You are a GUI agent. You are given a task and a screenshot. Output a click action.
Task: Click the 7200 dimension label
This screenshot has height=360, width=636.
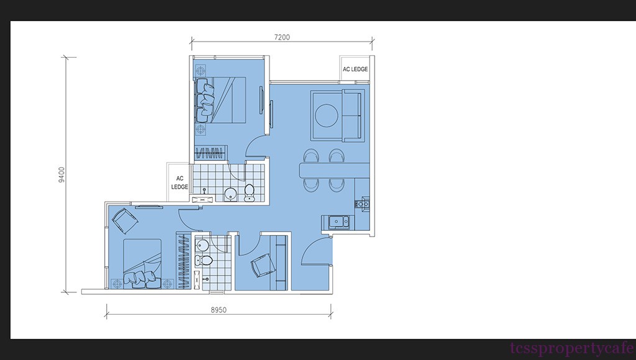tap(282, 37)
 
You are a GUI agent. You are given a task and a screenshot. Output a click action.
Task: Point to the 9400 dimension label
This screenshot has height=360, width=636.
tap(61, 175)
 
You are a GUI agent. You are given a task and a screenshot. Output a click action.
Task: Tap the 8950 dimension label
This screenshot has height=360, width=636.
tap(219, 310)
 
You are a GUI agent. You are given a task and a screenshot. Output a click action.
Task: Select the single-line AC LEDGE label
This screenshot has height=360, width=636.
tap(355, 70)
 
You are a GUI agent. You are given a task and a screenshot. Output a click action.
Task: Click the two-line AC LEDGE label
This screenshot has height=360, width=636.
tap(179, 182)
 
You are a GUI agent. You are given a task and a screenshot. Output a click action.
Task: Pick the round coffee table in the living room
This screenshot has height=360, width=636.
tap(327, 115)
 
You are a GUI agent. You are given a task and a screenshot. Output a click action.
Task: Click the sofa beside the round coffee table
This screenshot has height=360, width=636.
tap(352, 115)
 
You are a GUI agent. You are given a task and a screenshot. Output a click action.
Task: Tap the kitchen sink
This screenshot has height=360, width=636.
tap(338, 222)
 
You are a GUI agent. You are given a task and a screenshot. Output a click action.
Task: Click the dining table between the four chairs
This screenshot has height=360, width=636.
tap(335, 170)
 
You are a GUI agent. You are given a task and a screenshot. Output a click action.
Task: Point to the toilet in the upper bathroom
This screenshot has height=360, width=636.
tap(249, 193)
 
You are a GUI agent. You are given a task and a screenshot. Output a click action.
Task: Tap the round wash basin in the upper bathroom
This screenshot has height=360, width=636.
tap(230, 194)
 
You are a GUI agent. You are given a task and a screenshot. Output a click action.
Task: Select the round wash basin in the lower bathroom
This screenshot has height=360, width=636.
tap(202, 245)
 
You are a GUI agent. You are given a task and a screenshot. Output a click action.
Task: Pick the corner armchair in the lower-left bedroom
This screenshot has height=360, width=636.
tap(124, 220)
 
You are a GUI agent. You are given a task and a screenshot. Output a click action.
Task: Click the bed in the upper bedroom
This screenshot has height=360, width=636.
tap(221, 100)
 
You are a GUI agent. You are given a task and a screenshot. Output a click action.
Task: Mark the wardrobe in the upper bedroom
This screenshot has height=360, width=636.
tap(210, 153)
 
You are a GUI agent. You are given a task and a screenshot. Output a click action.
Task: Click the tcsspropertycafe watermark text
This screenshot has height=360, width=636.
tap(572, 348)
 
